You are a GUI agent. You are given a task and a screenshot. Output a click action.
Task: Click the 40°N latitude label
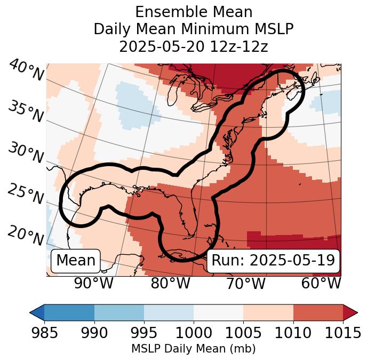click(26, 71)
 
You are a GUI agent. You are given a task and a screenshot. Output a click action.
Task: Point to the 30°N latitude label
click(26, 153)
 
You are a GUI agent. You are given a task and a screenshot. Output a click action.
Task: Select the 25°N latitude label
click(26, 194)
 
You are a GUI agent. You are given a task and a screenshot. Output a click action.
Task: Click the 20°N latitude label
click(26, 236)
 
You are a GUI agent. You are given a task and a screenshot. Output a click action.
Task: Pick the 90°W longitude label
click(93, 283)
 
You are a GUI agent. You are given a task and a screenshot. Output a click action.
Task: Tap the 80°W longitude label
click(170, 283)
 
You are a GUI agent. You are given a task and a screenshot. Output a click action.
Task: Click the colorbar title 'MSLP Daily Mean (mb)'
click(193, 349)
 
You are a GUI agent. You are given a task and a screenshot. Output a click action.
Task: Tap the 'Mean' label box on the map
click(76, 261)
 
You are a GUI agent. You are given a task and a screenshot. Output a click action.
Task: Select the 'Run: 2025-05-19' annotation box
click(273, 261)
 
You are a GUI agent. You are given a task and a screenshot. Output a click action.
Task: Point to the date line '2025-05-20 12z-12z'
click(193, 46)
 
